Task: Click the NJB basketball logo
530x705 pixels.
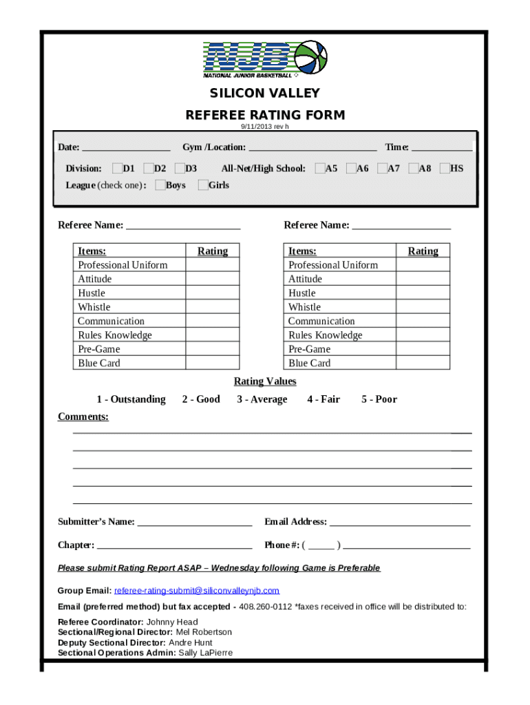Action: pyautogui.click(x=265, y=59)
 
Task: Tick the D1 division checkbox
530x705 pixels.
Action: pyautogui.click(x=117, y=168)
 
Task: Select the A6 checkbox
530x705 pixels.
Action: pyautogui.click(x=350, y=168)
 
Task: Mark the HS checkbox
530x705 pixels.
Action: pyautogui.click(x=444, y=168)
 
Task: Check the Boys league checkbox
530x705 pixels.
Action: pyautogui.click(x=160, y=185)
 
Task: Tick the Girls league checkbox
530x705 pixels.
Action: pyautogui.click(x=202, y=185)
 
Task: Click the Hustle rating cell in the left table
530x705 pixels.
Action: pyautogui.click(x=213, y=293)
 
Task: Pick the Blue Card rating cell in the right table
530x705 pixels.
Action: pyautogui.click(x=423, y=363)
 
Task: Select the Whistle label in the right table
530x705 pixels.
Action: pyautogui.click(x=305, y=307)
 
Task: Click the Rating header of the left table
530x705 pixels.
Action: pyautogui.click(x=213, y=251)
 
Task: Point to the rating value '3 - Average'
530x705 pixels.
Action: pyautogui.click(x=262, y=399)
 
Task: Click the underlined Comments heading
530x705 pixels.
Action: pyautogui.click(x=83, y=417)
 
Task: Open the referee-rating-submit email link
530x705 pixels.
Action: pyautogui.click(x=197, y=591)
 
